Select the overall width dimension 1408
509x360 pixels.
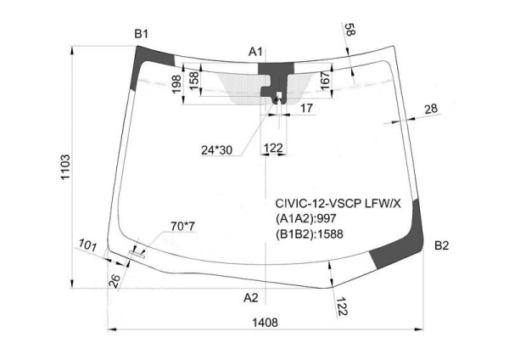265,322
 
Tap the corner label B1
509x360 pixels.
141,34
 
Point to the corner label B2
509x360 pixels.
441,246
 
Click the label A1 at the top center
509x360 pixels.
255,53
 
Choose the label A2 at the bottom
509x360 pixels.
250,297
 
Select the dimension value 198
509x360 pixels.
175,85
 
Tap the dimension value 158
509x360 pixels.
193,80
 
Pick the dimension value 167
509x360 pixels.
325,81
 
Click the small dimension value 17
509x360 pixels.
306,108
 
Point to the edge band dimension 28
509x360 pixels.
430,108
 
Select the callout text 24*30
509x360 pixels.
216,150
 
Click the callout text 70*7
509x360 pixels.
182,226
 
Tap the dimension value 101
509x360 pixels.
87,246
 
